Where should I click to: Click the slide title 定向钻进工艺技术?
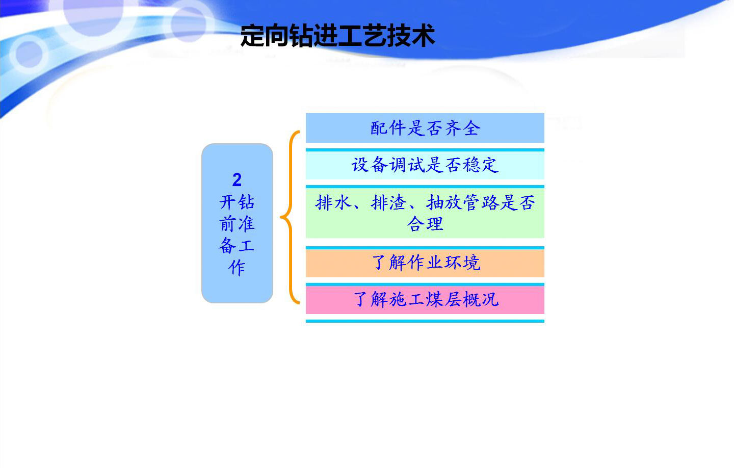click(x=337, y=35)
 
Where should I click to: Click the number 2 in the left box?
click(x=237, y=179)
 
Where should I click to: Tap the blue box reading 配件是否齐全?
click(x=425, y=128)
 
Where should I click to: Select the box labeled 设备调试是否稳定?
click(x=425, y=165)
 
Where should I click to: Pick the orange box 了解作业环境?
click(x=425, y=263)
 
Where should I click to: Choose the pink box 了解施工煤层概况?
click(x=425, y=300)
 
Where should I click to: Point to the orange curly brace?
click(x=290, y=217)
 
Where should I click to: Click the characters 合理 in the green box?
click(x=425, y=224)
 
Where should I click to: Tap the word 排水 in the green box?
click(x=333, y=202)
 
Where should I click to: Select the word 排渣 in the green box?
click(x=388, y=202)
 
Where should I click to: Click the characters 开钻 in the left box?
click(x=237, y=202)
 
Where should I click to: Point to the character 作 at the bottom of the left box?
click(x=237, y=268)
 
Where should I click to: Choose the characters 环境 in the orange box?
click(x=462, y=263)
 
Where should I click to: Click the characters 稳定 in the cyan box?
click(x=481, y=165)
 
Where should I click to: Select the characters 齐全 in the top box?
click(x=462, y=128)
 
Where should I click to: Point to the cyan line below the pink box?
click(x=425, y=321)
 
